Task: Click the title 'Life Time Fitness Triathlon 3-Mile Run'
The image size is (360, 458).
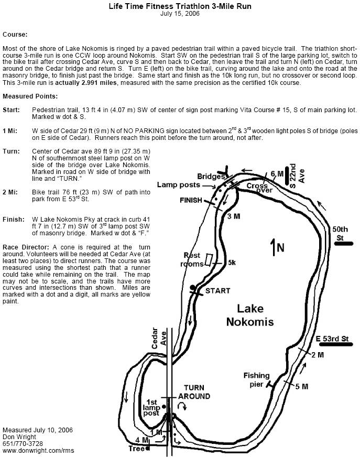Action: click(180, 6)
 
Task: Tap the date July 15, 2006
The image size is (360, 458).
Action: click(180, 14)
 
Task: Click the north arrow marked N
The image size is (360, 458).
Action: click(274, 246)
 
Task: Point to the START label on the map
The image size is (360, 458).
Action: click(217, 290)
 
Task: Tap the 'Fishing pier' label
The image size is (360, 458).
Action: click(256, 379)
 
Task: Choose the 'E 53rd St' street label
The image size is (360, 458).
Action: click(333, 339)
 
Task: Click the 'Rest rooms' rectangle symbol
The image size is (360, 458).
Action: click(209, 259)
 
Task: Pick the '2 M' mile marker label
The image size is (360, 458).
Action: click(317, 356)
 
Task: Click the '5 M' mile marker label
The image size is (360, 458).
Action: click(301, 387)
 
